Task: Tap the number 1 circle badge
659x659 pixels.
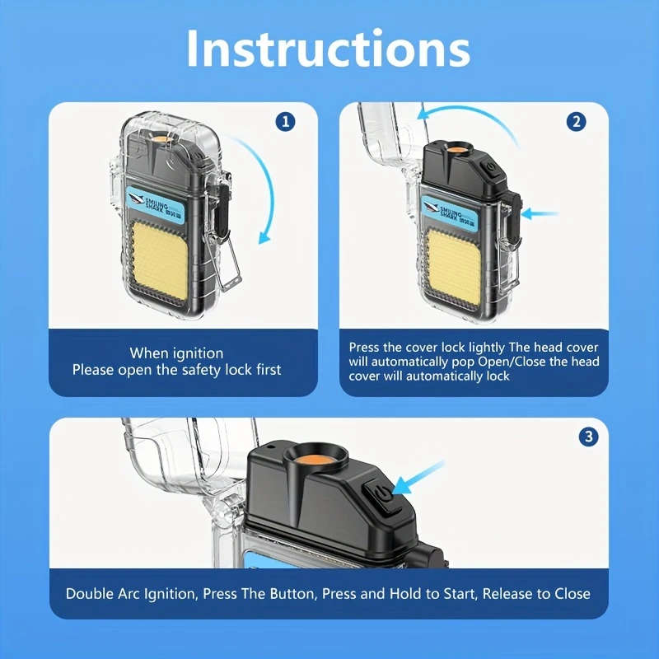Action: (284, 123)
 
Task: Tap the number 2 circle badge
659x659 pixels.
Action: (577, 122)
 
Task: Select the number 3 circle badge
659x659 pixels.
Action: (588, 437)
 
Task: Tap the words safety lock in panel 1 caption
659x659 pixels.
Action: (205, 370)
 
